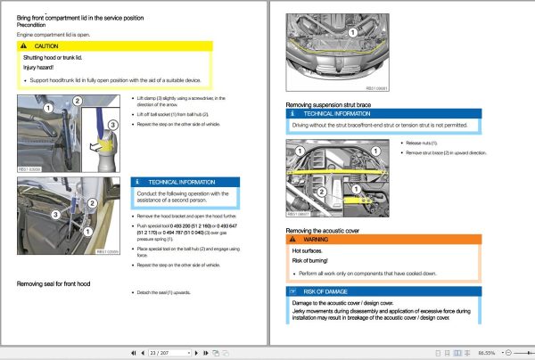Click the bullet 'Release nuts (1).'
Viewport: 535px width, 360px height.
[422, 143]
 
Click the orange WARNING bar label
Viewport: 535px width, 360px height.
[317, 239]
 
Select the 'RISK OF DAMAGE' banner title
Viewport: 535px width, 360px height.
[326, 291]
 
